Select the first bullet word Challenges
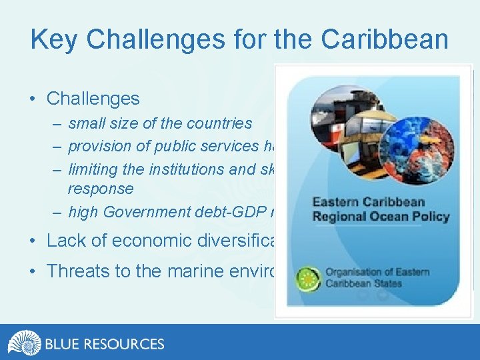pos(93,99)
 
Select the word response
pos(101,189)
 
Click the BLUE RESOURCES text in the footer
pos(105,344)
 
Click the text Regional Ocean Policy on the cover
pos(381,216)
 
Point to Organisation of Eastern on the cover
pos(377,272)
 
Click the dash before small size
pos(58,123)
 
